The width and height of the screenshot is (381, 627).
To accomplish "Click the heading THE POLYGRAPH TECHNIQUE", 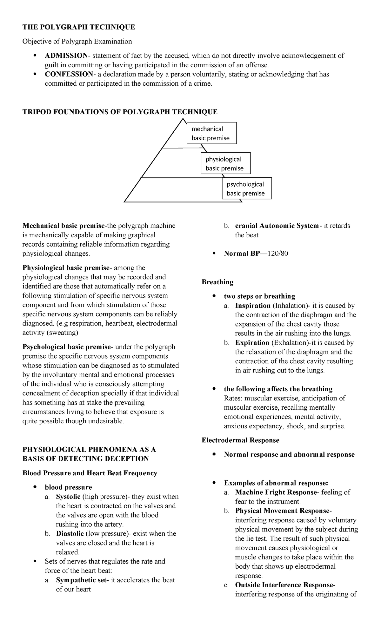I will pos(78,27).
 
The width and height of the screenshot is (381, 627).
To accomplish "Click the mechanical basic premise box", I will pos(212,133).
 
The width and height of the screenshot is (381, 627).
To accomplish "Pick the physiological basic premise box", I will pos(225,163).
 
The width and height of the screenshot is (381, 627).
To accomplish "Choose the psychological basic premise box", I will pos(247,188).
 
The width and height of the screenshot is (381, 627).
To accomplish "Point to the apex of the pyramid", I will pos(183,119).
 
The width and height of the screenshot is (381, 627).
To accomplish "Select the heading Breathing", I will pos(217,282).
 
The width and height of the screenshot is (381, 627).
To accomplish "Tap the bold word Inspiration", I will pos(253,306).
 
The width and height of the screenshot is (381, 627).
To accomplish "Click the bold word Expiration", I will pos(252,343).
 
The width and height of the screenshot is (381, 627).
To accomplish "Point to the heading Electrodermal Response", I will pos(240,440).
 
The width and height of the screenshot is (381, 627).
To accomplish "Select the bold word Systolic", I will pos(68,497).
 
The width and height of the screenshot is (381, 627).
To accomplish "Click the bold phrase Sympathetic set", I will pos(82,580).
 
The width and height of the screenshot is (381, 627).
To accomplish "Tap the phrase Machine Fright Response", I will pos(276,492).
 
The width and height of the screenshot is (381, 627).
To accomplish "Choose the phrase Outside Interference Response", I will pos(285,585).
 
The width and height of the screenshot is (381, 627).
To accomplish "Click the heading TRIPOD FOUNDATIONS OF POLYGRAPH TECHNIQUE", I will pos(120,112).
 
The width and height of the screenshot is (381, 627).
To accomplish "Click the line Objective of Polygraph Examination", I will pos(77,41).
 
